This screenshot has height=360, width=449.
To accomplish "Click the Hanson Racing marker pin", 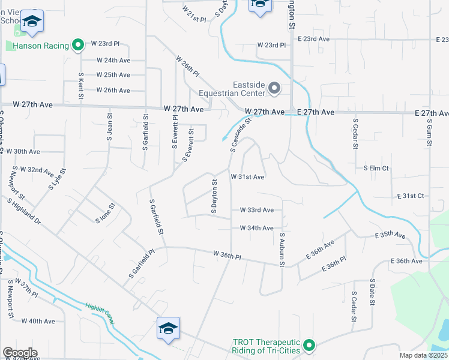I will click(77, 44).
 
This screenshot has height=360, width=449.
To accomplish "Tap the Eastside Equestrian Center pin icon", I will click(274, 89).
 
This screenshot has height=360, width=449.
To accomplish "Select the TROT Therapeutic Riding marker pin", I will click(309, 345).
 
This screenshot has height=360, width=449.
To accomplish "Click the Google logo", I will click(20, 353).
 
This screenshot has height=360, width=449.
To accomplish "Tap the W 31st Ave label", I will click(247, 177).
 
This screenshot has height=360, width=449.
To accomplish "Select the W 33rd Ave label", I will click(256, 210).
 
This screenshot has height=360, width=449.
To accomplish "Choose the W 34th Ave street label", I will click(256, 228).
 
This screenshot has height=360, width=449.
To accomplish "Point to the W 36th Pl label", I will click(226, 256).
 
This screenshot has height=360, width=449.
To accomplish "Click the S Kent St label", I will click(80, 86).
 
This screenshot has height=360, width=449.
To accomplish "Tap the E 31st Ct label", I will click(411, 196).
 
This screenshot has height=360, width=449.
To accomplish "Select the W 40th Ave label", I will click(38, 321).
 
